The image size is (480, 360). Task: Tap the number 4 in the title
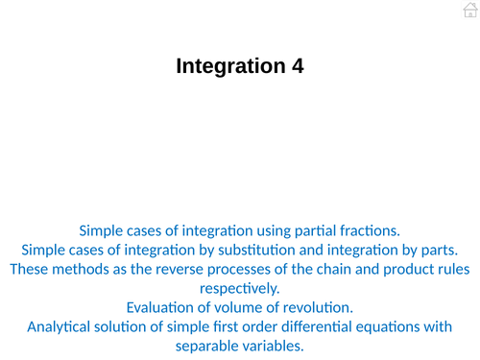pos(298,66)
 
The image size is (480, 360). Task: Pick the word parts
pos(450,249)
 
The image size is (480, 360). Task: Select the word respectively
pos(240,288)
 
